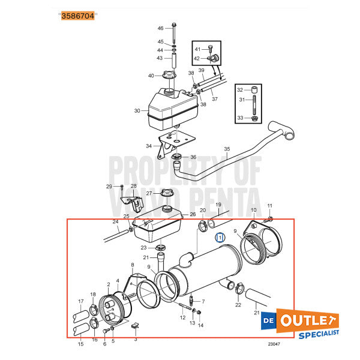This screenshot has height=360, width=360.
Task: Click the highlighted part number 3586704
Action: point(78,16)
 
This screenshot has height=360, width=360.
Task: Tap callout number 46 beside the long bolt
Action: point(160,28)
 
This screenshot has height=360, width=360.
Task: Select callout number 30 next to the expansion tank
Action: point(137,110)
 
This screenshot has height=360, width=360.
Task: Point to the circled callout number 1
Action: point(220,238)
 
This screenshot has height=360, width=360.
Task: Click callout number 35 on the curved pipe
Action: point(226,149)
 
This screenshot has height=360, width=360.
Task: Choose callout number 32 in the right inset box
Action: point(240,89)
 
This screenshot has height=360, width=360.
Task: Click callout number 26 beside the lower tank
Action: point(193,214)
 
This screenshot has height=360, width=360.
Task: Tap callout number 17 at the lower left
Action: point(81,301)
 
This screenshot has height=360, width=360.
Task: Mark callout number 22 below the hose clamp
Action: point(238,305)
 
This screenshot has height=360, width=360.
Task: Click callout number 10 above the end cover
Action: point(253,210)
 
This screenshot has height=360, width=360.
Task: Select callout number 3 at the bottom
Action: point(135,339)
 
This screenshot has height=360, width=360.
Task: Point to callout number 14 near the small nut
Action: point(200,325)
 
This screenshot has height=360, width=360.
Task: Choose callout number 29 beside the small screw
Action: point(109,187)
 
